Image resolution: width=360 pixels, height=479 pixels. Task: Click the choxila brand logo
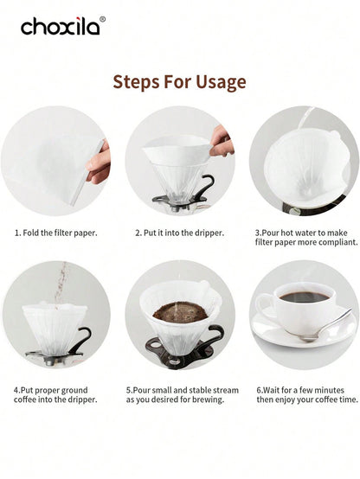61,26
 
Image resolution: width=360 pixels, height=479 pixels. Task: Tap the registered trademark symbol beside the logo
102,19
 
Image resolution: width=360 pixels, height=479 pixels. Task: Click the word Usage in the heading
221,82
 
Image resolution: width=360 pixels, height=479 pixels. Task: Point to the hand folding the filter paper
99,163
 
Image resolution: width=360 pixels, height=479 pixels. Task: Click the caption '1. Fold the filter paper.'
56,233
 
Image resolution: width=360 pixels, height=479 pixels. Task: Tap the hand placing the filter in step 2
222,141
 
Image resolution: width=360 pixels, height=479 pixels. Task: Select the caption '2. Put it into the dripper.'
180,233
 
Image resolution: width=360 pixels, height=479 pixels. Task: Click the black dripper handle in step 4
81,339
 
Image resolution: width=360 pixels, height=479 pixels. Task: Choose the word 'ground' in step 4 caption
74,391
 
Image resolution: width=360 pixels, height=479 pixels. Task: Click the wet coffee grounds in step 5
181,312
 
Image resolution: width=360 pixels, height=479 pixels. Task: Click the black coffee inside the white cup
305,297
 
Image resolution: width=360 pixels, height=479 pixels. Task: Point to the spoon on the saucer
325,327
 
